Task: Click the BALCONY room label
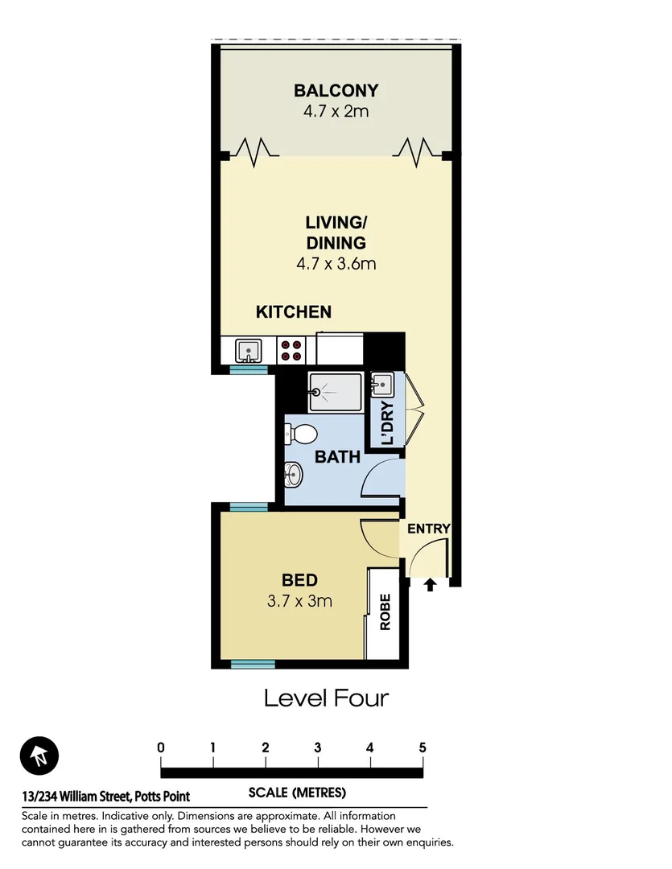click(336, 90)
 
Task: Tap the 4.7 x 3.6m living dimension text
click(336, 263)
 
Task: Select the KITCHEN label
click(294, 312)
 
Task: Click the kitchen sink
click(248, 350)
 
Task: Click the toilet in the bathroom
click(299, 434)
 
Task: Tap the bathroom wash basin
click(293, 475)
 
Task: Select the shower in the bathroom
click(336, 391)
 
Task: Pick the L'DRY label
click(386, 422)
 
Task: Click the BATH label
click(337, 457)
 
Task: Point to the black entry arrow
click(430, 585)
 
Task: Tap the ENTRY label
click(428, 529)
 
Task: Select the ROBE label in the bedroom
click(385, 612)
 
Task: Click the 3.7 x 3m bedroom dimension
click(299, 600)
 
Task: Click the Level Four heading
click(327, 698)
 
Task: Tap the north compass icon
click(39, 756)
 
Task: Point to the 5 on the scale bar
click(423, 747)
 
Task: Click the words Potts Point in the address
click(162, 797)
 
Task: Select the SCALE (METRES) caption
click(297, 793)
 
